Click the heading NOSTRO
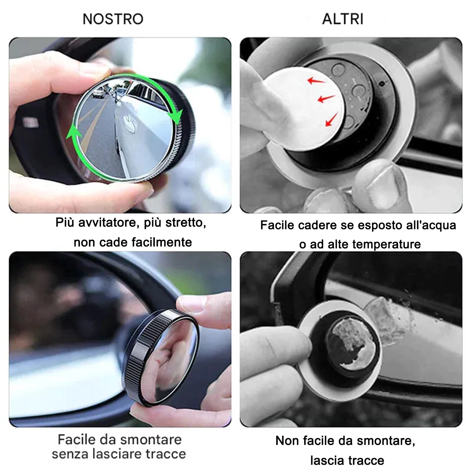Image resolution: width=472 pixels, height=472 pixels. (x=113, y=19)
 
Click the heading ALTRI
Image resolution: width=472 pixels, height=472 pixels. (x=343, y=19)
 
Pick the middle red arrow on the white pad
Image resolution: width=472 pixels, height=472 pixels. (x=326, y=99)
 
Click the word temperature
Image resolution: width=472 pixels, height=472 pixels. (x=387, y=244)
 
